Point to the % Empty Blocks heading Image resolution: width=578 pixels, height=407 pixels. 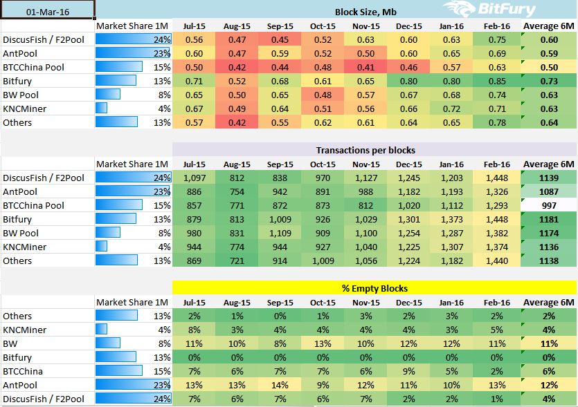[374, 288]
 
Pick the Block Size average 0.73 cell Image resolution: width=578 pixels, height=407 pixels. [549, 81]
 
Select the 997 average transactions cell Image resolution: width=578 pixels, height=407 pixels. [549, 205]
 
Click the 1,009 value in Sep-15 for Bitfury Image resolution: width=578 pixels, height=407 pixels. [280, 219]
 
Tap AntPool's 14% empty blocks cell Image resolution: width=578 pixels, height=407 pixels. [280, 385]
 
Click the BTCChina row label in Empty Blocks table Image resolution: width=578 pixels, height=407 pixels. [24, 371]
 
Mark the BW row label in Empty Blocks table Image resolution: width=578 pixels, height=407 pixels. [10, 343]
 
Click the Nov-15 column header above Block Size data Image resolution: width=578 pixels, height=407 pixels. [365, 26]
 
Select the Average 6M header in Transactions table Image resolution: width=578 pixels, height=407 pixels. [549, 164]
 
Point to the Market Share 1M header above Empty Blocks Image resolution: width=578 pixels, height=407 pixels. [132, 302]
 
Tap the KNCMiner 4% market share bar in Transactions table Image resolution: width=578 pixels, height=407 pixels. [102, 247]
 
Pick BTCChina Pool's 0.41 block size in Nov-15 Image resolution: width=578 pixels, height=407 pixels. [365, 67]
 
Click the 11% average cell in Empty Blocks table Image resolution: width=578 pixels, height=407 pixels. [549, 343]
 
